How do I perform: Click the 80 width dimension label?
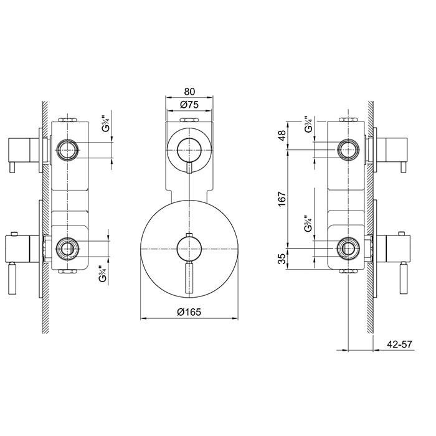(189, 92)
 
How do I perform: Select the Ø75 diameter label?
(189, 105)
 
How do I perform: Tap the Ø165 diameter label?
(189, 312)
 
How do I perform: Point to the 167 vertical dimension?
(282, 199)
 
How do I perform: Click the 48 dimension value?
(282, 135)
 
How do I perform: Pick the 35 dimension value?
(282, 258)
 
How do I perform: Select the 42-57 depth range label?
(399, 344)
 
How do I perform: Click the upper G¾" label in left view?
(106, 123)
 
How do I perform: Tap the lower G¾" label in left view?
(103, 275)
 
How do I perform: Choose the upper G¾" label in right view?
(308, 124)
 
